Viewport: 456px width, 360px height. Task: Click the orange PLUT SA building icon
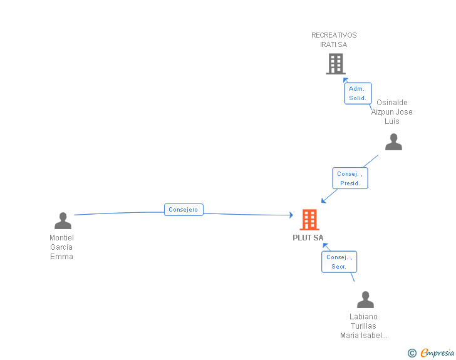pyautogui.click(x=309, y=220)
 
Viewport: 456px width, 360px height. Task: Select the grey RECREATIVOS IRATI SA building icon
pyautogui.click(x=336, y=64)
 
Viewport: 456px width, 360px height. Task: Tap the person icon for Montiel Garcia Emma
pyautogui.click(x=63, y=220)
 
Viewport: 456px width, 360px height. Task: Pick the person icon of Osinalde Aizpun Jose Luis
pyautogui.click(x=393, y=141)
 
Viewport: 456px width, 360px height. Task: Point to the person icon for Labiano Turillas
pyautogui.click(x=365, y=299)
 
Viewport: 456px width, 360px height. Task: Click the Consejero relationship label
pyautogui.click(x=184, y=210)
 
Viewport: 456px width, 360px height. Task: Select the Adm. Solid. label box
pyautogui.click(x=358, y=93)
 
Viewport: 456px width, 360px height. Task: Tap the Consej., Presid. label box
pyautogui.click(x=350, y=178)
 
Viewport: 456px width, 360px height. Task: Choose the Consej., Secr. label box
pyautogui.click(x=339, y=262)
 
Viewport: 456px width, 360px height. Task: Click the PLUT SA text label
pyautogui.click(x=308, y=238)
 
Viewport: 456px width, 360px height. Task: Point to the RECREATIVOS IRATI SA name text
pyautogui.click(x=334, y=40)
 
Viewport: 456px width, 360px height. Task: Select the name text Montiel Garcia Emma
pyautogui.click(x=61, y=247)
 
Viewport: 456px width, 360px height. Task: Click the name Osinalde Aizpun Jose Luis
pyautogui.click(x=391, y=112)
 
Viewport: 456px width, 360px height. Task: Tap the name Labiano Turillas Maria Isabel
pyautogui.click(x=363, y=326)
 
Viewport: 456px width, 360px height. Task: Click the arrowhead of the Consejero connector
pyautogui.click(x=291, y=215)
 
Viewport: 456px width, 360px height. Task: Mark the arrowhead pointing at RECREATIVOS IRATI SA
pyautogui.click(x=345, y=80)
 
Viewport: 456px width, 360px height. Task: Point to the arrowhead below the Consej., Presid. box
pyautogui.click(x=323, y=200)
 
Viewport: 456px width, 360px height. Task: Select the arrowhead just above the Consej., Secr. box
pyautogui.click(x=325, y=245)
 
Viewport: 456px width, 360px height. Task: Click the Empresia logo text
pyautogui.click(x=437, y=352)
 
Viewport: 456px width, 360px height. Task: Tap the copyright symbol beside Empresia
pyautogui.click(x=412, y=353)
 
